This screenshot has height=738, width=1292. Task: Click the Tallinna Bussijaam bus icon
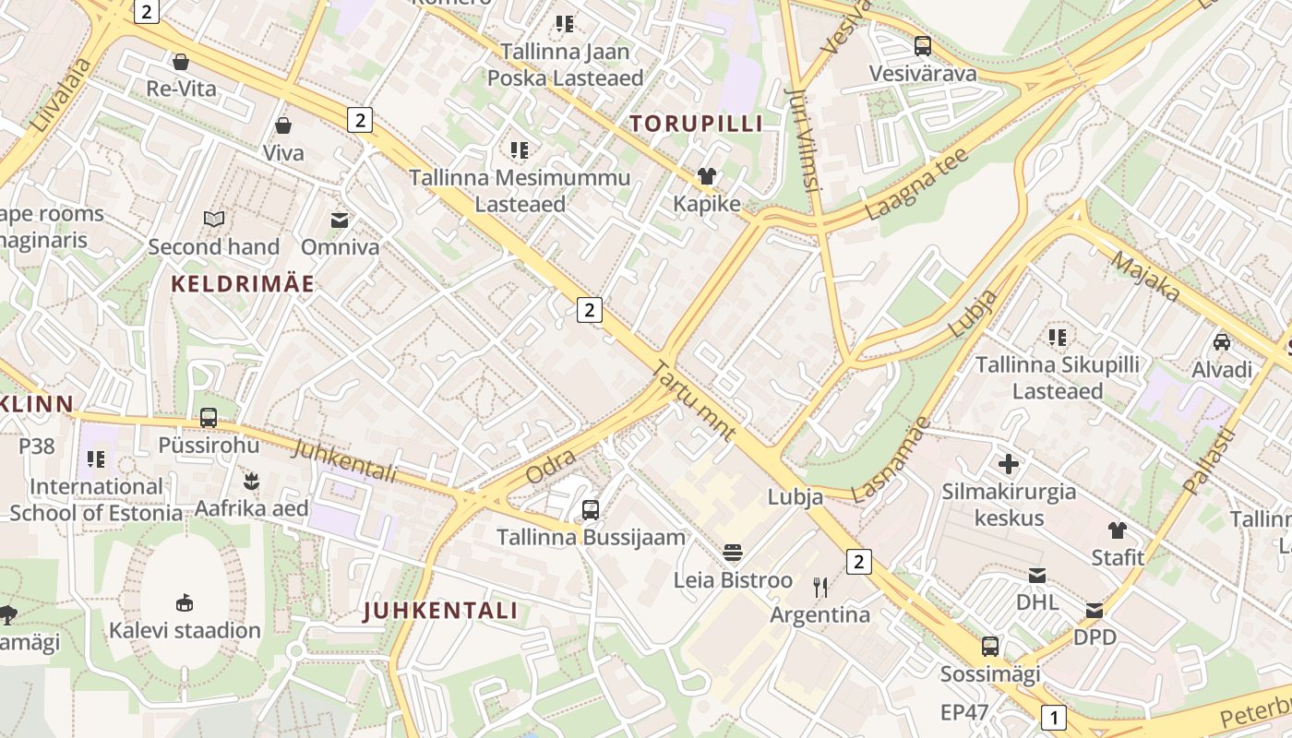tap(591, 509)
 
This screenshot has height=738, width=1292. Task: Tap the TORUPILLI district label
tap(697, 124)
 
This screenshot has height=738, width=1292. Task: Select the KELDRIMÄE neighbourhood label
tap(244, 284)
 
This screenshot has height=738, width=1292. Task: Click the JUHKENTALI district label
tap(439, 611)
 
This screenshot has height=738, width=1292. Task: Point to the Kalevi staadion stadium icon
tap(185, 602)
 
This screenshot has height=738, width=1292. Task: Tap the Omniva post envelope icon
tap(340, 220)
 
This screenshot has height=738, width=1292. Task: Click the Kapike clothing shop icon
tap(707, 176)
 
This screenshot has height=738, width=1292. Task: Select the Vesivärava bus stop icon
tap(923, 46)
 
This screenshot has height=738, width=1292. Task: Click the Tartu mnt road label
tap(694, 401)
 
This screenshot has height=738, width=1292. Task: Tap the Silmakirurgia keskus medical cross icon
tap(1009, 463)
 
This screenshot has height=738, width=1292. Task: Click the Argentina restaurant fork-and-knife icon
tap(820, 587)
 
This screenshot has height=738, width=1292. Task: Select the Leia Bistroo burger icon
tap(733, 553)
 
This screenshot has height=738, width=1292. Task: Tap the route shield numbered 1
tap(1053, 717)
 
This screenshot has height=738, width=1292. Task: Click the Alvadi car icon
tap(1222, 342)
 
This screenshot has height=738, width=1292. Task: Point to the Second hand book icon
tap(214, 220)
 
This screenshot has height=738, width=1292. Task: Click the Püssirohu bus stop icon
tap(209, 417)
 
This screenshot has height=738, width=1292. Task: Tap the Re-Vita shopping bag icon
tap(181, 62)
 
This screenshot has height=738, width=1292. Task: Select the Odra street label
tap(551, 466)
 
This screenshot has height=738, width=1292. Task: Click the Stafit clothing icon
tap(1118, 530)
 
